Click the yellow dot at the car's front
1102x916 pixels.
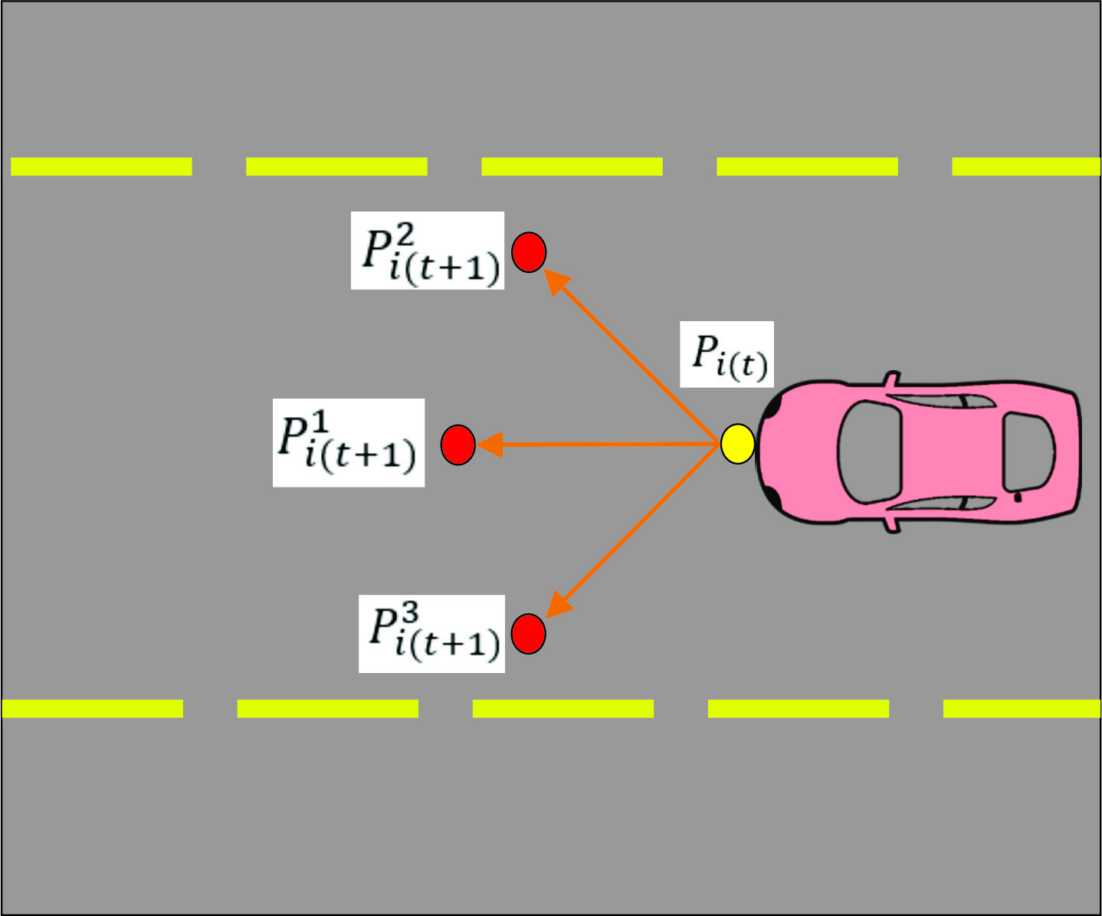737,444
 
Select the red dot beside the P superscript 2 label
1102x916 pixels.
529,252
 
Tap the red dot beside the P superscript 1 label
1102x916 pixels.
458,445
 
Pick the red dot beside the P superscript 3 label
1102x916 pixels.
528,634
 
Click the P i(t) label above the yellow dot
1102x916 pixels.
727,354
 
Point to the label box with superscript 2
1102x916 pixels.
428,251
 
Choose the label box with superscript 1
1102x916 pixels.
349,442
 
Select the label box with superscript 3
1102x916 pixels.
431,634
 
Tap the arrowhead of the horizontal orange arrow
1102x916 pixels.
489,445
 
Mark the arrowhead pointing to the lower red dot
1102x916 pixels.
559,604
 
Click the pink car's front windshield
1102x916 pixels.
869,452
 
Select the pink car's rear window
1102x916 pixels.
1028,453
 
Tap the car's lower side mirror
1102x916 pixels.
891,524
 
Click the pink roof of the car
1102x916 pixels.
950,452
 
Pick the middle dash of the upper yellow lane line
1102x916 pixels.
572,166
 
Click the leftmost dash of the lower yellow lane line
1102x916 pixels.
93,708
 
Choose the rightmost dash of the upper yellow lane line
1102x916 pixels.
1026,166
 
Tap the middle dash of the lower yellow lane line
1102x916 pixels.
563,708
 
